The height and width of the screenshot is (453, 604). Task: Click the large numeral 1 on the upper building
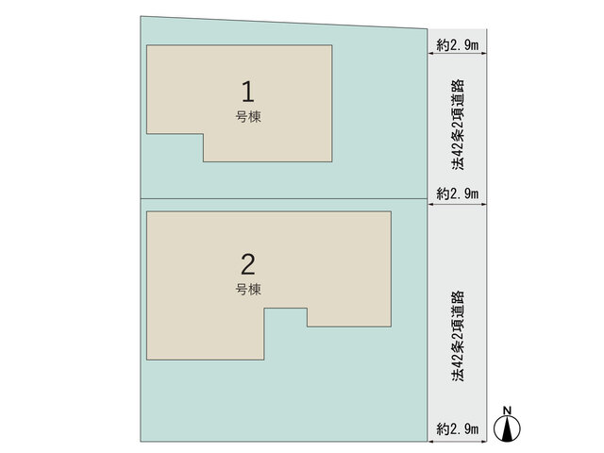click(248, 92)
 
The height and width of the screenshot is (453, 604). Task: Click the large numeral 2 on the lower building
click(247, 264)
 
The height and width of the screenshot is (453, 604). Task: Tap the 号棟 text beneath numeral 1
click(248, 116)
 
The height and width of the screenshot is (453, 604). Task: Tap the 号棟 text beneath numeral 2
click(248, 290)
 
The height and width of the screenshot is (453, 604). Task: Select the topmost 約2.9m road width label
click(457, 45)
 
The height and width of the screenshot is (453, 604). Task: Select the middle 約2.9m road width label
click(457, 193)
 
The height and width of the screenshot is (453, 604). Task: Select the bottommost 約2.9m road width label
click(457, 428)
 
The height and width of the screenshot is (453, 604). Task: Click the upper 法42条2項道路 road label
click(458, 125)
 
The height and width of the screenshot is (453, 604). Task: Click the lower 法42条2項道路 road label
click(458, 336)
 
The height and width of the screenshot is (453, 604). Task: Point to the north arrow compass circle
click(508, 428)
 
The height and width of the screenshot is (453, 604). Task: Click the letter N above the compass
click(508, 411)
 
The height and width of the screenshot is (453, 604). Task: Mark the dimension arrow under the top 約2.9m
click(457, 54)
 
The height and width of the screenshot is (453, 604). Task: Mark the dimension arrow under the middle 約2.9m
click(457, 204)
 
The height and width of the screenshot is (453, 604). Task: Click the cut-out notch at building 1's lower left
click(175, 147)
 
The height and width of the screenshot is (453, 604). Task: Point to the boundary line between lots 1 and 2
click(284, 199)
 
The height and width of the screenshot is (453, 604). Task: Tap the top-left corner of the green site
click(141, 16)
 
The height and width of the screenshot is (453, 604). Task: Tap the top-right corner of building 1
click(332, 45)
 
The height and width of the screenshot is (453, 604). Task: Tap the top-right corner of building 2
click(391, 211)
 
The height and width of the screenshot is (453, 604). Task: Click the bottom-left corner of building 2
click(147, 360)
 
